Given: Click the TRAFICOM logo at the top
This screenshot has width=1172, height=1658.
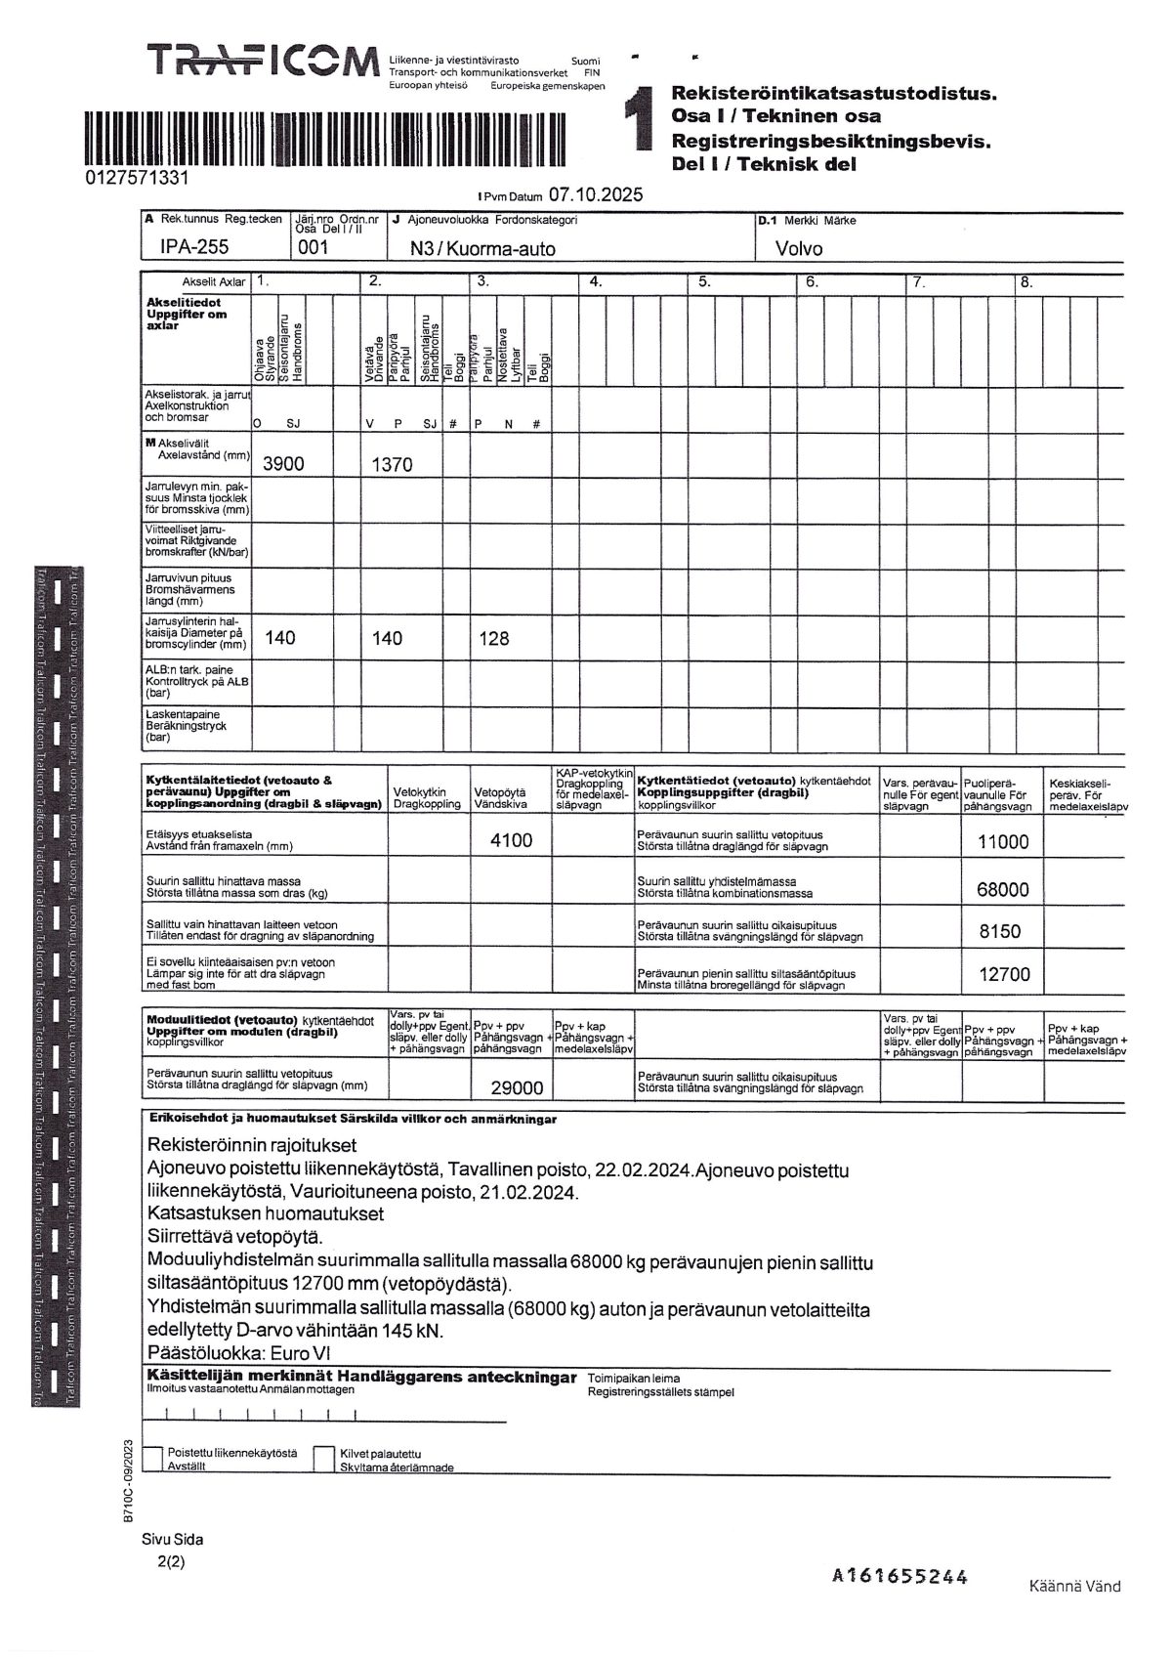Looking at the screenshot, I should click(262, 63).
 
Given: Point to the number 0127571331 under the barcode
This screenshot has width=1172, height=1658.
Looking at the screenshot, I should click(137, 179).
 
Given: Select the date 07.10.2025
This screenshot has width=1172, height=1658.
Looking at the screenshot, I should click(596, 194).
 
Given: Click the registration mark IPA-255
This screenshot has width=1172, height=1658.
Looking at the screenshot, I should click(194, 248).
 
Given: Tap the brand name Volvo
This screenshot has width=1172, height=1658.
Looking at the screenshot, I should click(799, 249).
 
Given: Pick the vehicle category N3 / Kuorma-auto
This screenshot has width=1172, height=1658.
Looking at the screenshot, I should click(482, 249).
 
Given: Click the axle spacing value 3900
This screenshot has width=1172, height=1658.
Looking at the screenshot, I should click(283, 464).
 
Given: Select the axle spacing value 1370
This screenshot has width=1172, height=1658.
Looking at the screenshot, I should click(392, 465).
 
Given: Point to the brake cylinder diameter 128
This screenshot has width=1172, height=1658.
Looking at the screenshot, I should click(493, 638).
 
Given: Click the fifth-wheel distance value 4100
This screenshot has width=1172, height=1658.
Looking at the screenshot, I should click(511, 840).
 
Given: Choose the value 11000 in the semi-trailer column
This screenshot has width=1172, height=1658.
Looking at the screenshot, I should click(1003, 842).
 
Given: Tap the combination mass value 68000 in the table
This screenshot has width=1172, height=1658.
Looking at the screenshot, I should click(1003, 889).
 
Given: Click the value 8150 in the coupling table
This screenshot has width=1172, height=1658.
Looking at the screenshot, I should click(1000, 931).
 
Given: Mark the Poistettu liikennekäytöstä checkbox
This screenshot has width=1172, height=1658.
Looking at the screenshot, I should click(152, 1458).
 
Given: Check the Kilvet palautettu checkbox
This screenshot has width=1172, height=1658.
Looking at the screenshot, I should click(324, 1458).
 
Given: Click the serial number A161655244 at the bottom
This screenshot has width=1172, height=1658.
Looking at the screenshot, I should click(900, 1575).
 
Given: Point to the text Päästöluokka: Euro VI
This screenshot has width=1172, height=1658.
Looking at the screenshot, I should click(239, 1353).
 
